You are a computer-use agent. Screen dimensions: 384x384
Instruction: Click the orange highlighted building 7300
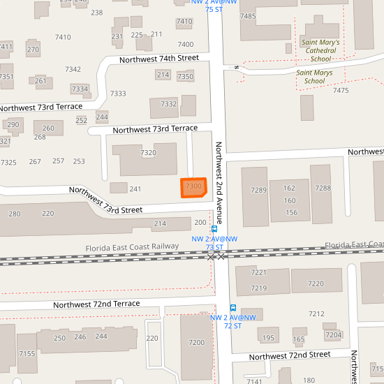193,187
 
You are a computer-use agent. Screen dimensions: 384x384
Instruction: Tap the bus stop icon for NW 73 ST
214,228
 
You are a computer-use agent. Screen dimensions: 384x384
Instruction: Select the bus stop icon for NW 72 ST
232,308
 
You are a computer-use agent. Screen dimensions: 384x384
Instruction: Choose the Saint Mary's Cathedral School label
320,50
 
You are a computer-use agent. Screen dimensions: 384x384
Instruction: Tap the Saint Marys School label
311,76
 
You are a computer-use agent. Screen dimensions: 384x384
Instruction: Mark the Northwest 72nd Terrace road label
96,304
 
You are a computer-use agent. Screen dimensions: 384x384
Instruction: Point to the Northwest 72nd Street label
289,356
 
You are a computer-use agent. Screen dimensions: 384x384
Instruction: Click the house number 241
135,189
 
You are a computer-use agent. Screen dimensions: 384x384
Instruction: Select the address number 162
290,189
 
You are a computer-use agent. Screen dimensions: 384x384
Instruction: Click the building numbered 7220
316,283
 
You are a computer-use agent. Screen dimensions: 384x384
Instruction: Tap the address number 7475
341,91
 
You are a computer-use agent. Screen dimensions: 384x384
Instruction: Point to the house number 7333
118,94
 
